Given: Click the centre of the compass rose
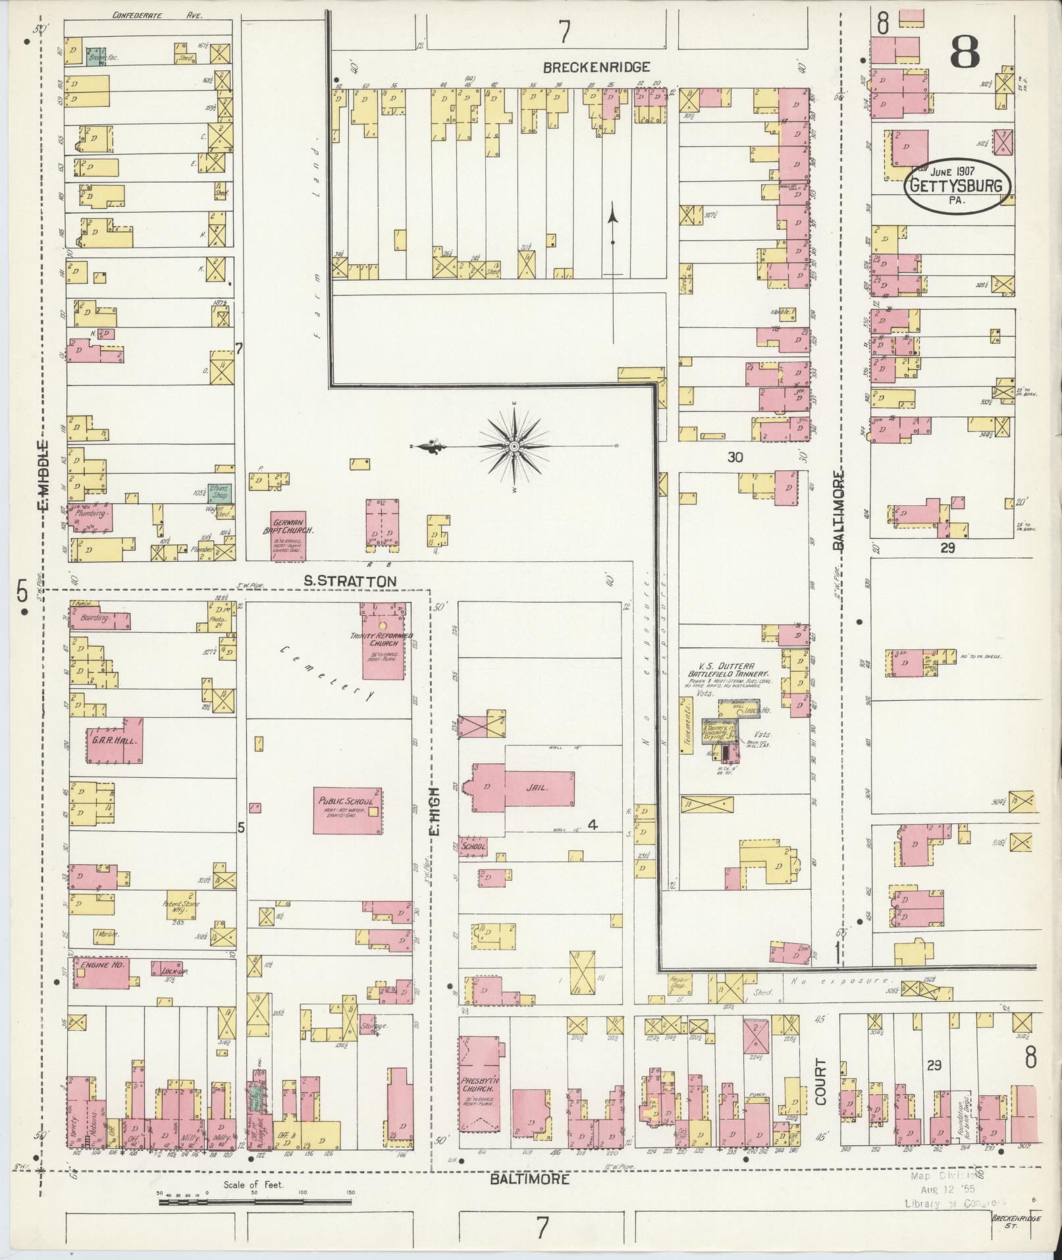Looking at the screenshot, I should (513, 447).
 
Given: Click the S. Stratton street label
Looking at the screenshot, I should (350, 581).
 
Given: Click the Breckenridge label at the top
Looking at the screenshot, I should (597, 67).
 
